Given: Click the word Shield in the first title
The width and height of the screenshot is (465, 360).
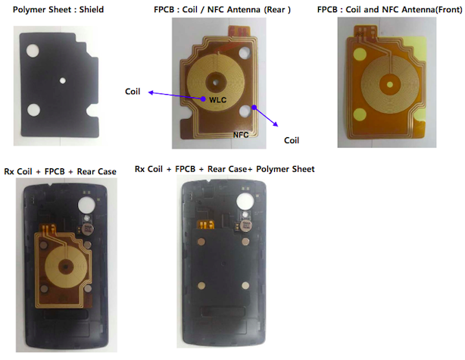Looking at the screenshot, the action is pos(92,10).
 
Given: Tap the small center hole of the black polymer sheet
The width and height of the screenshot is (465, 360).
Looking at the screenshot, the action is pos(63,80).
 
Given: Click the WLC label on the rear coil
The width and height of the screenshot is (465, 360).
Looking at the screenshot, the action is pos(217,100).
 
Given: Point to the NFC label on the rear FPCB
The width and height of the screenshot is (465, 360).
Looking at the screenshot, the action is pos(241,135).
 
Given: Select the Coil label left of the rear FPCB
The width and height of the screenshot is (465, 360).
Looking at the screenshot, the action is pos(133,92).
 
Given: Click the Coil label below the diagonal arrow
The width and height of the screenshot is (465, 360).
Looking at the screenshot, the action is pos(292,140).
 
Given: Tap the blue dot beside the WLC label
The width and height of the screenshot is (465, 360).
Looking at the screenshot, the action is pos(203,99).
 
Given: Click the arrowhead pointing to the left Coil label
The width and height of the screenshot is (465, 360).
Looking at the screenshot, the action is pos(151,93).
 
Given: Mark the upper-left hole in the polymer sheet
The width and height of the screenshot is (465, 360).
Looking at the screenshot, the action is pos(33,51).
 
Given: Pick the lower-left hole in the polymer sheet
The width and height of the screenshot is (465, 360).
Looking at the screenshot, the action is pos(33,109).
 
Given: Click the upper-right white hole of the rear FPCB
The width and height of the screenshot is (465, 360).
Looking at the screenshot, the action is pos(245,53).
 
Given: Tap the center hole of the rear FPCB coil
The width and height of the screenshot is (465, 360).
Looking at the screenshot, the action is pos(216,82).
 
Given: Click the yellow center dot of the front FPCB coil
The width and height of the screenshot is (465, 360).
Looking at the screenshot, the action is pos(390,85).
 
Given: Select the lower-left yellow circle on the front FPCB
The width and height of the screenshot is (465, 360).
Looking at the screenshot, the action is pos(360,114).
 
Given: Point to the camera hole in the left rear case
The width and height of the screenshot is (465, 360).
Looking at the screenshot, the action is pos(86,205).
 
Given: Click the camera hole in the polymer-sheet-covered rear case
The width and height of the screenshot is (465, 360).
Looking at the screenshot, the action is pos(245,201).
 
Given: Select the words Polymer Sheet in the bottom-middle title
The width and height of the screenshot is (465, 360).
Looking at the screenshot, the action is pos(286,169).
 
